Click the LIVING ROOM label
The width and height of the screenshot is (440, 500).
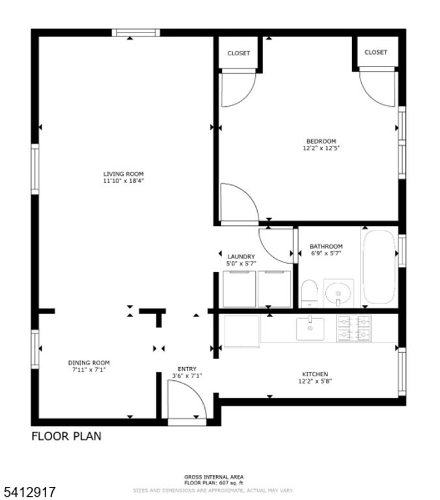pos(123,174)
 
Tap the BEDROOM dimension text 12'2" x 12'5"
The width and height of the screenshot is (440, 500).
pos(321,148)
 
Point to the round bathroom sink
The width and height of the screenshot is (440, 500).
pos(338,293)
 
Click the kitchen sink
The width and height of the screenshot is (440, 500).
pos(310,329)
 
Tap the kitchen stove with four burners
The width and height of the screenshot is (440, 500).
pos(353,329)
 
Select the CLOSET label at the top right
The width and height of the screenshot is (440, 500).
pos(376,52)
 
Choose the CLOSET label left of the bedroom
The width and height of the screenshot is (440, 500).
pos(238,53)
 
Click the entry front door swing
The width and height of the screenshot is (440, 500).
pos(186,400)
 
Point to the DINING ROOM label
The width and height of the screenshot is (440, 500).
pos(89,363)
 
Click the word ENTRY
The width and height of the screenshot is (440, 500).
pos(187,369)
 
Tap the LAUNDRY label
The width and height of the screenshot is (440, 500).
pos(241,257)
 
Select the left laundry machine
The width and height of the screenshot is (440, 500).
pos(239,289)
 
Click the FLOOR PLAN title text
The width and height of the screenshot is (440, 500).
pos(66,436)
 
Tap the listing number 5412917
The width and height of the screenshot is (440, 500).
pos(29,489)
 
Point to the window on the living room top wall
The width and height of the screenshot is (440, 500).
pos(135,33)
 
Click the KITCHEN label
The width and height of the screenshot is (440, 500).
pos(314,374)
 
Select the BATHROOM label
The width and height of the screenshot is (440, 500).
pos(326,246)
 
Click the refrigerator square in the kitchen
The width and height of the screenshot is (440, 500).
pos(241,329)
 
